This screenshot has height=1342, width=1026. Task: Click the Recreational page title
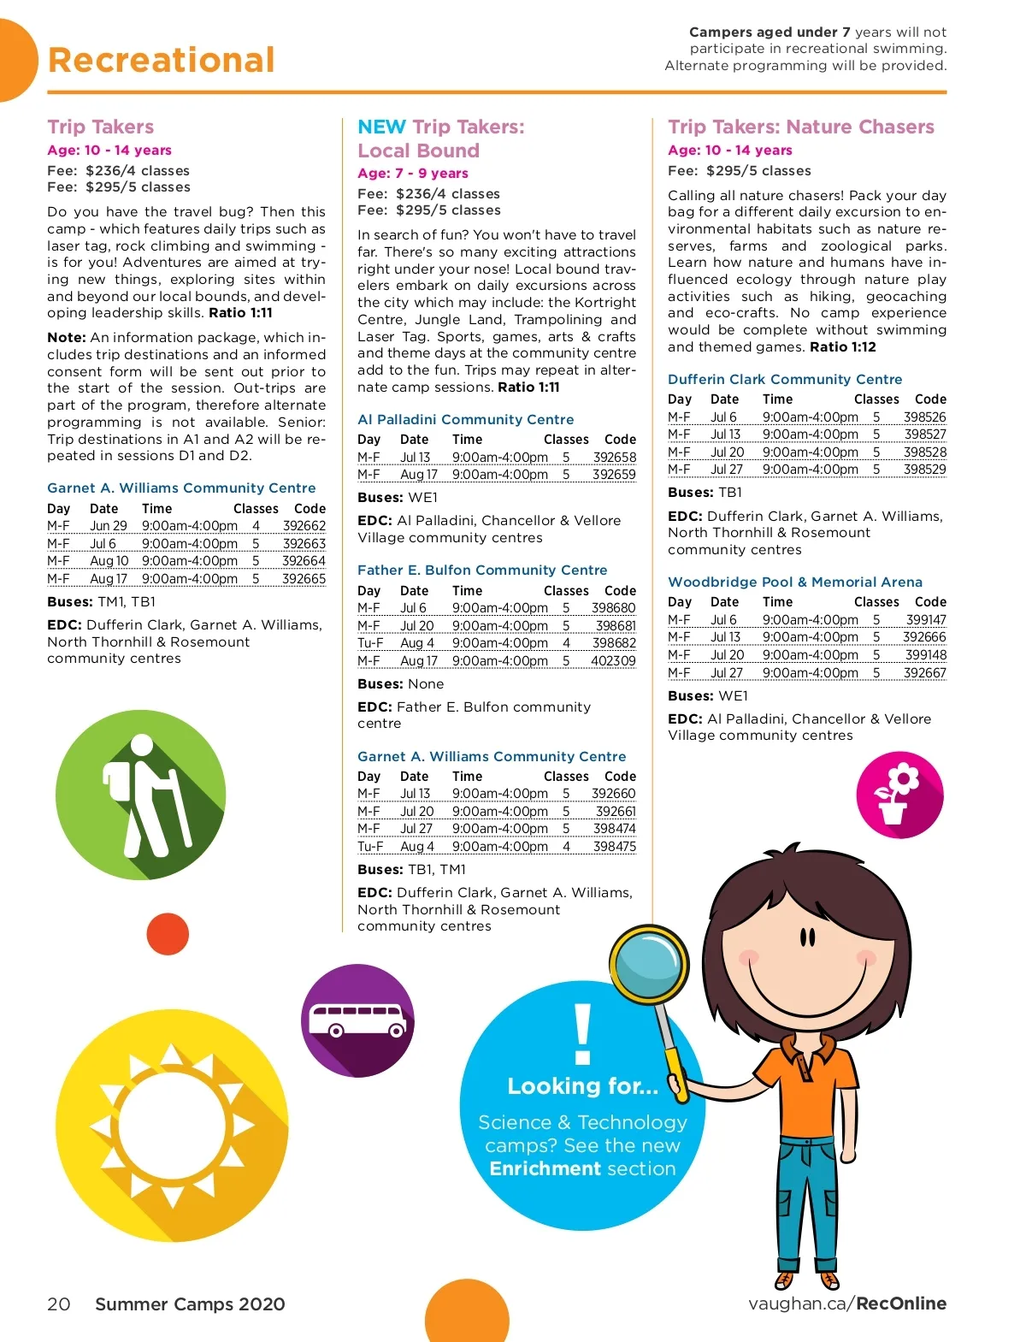coord(162,60)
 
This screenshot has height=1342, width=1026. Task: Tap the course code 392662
coord(304,526)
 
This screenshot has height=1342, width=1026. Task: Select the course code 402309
coord(613,661)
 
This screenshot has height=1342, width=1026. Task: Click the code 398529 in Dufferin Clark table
coord(924,470)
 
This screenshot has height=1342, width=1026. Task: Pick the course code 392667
coord(924,673)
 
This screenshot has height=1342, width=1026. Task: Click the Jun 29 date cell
coord(109,526)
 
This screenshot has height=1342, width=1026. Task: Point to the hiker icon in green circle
coord(141,795)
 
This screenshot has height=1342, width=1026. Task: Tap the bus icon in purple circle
coord(357,1020)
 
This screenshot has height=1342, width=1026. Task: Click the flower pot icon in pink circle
coord(899,795)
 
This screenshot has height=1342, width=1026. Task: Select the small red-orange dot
coord(168,933)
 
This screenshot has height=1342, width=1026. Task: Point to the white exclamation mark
coord(583,1034)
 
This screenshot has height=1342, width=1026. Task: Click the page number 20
coord(59,1304)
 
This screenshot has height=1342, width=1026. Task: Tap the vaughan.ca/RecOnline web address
coord(846,1304)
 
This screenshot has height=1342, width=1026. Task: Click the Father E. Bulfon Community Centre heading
coord(482,570)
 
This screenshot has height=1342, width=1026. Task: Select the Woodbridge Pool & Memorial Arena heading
coord(795,582)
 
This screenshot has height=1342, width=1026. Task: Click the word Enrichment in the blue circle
coord(539,1168)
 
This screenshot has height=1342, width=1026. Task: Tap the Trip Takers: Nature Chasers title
coord(801,127)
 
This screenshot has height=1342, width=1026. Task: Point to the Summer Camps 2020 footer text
coord(190,1304)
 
